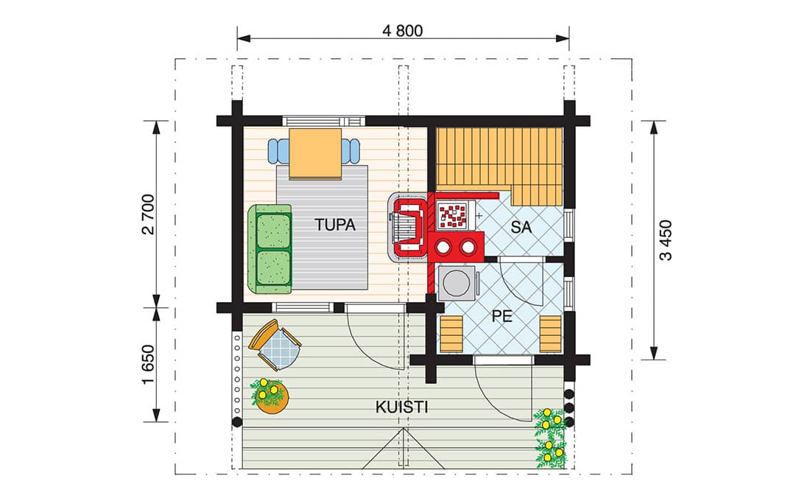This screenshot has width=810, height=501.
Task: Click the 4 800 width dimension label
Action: (x=402, y=30)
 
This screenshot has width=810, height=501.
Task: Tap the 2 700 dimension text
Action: (x=148, y=214)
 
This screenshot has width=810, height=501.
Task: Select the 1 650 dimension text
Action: (x=148, y=365)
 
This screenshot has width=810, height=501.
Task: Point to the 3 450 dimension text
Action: (x=666, y=240)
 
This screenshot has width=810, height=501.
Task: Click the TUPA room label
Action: (x=335, y=225)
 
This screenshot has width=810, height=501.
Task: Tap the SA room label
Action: (x=521, y=227)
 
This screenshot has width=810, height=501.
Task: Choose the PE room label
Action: (x=501, y=316)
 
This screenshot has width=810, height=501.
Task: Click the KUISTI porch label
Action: (x=401, y=407)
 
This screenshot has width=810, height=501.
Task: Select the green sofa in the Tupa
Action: (x=269, y=249)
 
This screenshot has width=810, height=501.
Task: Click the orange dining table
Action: (x=315, y=153)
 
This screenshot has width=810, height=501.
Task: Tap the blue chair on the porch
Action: (x=275, y=345)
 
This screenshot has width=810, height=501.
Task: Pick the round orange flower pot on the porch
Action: (x=272, y=398)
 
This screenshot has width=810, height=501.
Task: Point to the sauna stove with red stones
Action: (x=453, y=215)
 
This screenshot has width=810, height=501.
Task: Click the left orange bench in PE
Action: (x=451, y=334)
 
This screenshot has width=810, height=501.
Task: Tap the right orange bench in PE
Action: (x=550, y=334)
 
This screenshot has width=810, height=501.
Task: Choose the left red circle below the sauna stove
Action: (x=443, y=248)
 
